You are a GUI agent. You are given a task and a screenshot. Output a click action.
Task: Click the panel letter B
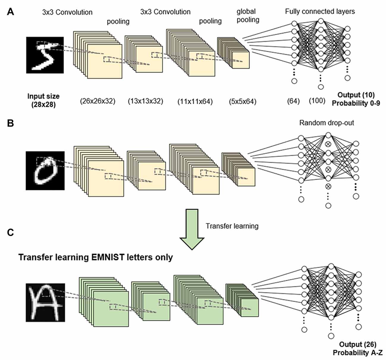[10, 123]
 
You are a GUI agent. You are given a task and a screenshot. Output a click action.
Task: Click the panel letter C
[11, 232]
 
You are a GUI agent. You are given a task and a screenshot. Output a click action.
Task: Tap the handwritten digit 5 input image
[45, 55]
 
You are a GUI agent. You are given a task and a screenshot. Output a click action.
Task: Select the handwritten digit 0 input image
[45, 170]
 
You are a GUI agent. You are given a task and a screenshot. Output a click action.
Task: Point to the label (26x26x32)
[97, 101]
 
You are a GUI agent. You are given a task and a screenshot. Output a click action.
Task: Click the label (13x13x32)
[145, 101]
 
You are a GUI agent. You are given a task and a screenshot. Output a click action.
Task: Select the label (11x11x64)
[195, 101]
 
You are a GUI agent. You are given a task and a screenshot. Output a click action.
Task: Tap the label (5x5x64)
[243, 101]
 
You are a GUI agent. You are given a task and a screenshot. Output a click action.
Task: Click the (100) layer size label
[317, 101]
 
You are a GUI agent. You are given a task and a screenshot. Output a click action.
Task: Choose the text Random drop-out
[327, 122]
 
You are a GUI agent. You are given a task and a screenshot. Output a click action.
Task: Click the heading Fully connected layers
[320, 12]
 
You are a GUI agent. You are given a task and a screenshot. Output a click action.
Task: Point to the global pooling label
[248, 16]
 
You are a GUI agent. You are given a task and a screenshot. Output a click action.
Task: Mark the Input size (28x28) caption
[43, 100]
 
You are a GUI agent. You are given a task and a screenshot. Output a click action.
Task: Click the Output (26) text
[358, 344]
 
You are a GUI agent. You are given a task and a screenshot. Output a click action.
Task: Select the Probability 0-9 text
[356, 103]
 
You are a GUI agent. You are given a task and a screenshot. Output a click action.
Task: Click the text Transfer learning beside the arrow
[232, 226]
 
